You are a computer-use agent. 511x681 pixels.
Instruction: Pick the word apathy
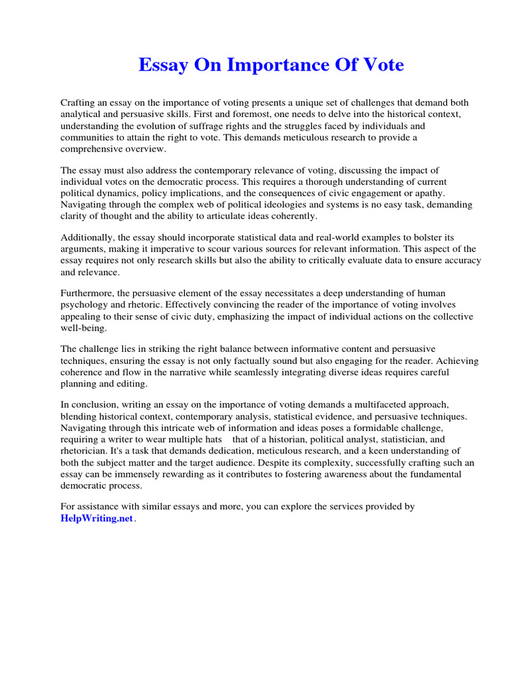click(430, 193)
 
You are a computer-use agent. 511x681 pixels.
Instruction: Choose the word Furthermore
click(88, 294)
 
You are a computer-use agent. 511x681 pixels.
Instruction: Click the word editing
click(134, 384)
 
